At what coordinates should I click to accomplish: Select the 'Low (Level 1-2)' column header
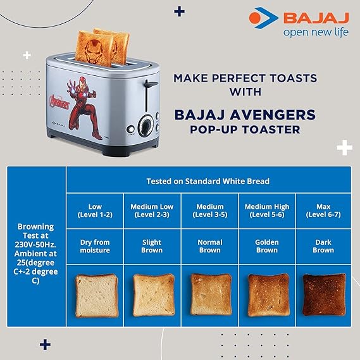[x=96, y=211]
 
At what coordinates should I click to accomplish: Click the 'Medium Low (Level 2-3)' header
[x=152, y=211]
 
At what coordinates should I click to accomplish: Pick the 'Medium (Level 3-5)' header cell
[x=209, y=211]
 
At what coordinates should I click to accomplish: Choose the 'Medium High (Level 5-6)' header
[x=266, y=211]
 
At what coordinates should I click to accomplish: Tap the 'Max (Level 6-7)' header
[x=323, y=211]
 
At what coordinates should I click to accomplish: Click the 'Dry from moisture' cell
[x=96, y=246]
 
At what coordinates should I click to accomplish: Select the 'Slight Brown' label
[x=152, y=246]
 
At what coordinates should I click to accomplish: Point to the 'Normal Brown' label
[x=209, y=246]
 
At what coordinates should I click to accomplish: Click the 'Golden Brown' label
[x=266, y=246]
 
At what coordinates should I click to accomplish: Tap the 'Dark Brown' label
[x=323, y=246]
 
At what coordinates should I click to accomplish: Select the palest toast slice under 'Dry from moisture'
[x=96, y=295]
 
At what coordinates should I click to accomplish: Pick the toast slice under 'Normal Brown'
[x=211, y=295]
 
